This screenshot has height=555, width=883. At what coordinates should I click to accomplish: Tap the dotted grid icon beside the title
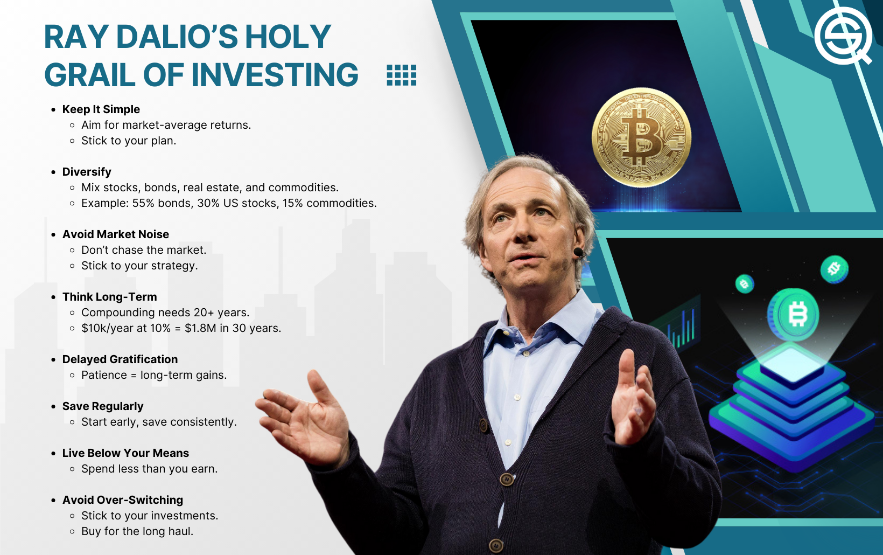(401, 75)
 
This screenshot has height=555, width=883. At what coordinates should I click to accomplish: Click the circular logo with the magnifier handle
(844, 36)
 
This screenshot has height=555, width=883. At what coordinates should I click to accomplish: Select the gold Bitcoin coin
(641, 137)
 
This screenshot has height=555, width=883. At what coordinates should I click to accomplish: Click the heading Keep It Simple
(101, 109)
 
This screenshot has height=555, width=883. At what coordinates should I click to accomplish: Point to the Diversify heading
(87, 172)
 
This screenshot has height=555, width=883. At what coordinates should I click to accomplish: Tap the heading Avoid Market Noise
(116, 234)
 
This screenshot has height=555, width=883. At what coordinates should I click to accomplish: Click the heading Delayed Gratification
(120, 359)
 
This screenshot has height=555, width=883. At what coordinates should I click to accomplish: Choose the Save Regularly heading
(102, 406)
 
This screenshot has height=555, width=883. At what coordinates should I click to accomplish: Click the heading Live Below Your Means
(125, 453)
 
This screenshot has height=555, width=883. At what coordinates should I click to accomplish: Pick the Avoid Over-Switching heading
(123, 500)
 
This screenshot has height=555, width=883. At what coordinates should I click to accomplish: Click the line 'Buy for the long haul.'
(137, 531)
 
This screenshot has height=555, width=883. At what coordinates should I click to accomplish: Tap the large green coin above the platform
(794, 314)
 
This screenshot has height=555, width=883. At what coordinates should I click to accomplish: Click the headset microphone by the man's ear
(578, 252)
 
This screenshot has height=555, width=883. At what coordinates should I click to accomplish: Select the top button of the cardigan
(483, 425)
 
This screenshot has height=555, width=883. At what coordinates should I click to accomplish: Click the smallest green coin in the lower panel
(745, 283)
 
